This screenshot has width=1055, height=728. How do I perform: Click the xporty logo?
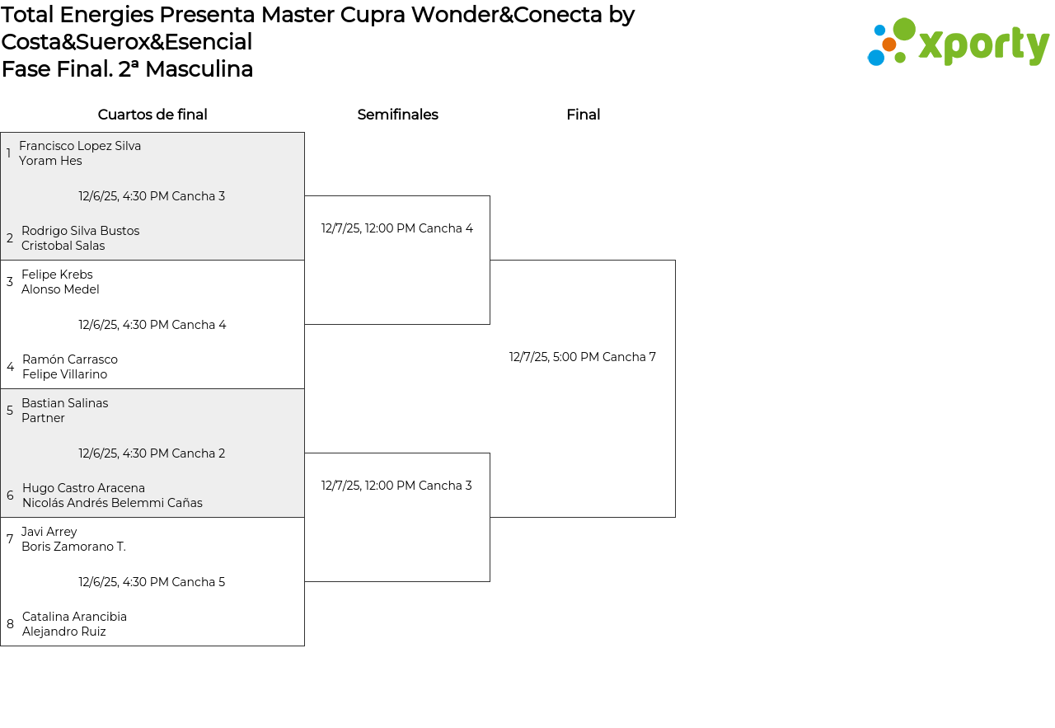coord(958,42)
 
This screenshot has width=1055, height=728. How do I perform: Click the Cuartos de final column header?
coord(152,115)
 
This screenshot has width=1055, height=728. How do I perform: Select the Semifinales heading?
coord(397,115)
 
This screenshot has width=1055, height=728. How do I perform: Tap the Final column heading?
coord(583,115)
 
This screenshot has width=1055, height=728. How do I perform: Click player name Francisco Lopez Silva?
coord(80,146)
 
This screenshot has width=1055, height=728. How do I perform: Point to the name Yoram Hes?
coord(50,161)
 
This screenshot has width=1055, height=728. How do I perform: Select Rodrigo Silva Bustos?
coord(80,231)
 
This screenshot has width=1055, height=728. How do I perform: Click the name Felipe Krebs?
coord(57,275)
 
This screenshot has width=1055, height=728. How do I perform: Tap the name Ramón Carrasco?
coord(70,359)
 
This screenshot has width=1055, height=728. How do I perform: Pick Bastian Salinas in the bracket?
coord(64,403)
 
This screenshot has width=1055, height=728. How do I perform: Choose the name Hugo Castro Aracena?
coord(83,488)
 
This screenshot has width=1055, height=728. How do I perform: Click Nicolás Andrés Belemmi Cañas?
coord(112,503)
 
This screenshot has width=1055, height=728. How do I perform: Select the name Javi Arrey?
coord(49,532)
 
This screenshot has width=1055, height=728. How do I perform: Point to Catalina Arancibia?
coord(74,617)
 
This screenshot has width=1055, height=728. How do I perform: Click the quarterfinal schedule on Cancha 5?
coord(152,582)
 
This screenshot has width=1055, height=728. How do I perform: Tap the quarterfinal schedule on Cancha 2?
coord(152,453)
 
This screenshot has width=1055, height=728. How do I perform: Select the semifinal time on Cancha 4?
coord(397,228)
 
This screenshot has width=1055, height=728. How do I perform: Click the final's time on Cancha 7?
coord(583,357)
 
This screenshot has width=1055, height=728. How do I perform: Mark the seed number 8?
coord(10,624)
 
